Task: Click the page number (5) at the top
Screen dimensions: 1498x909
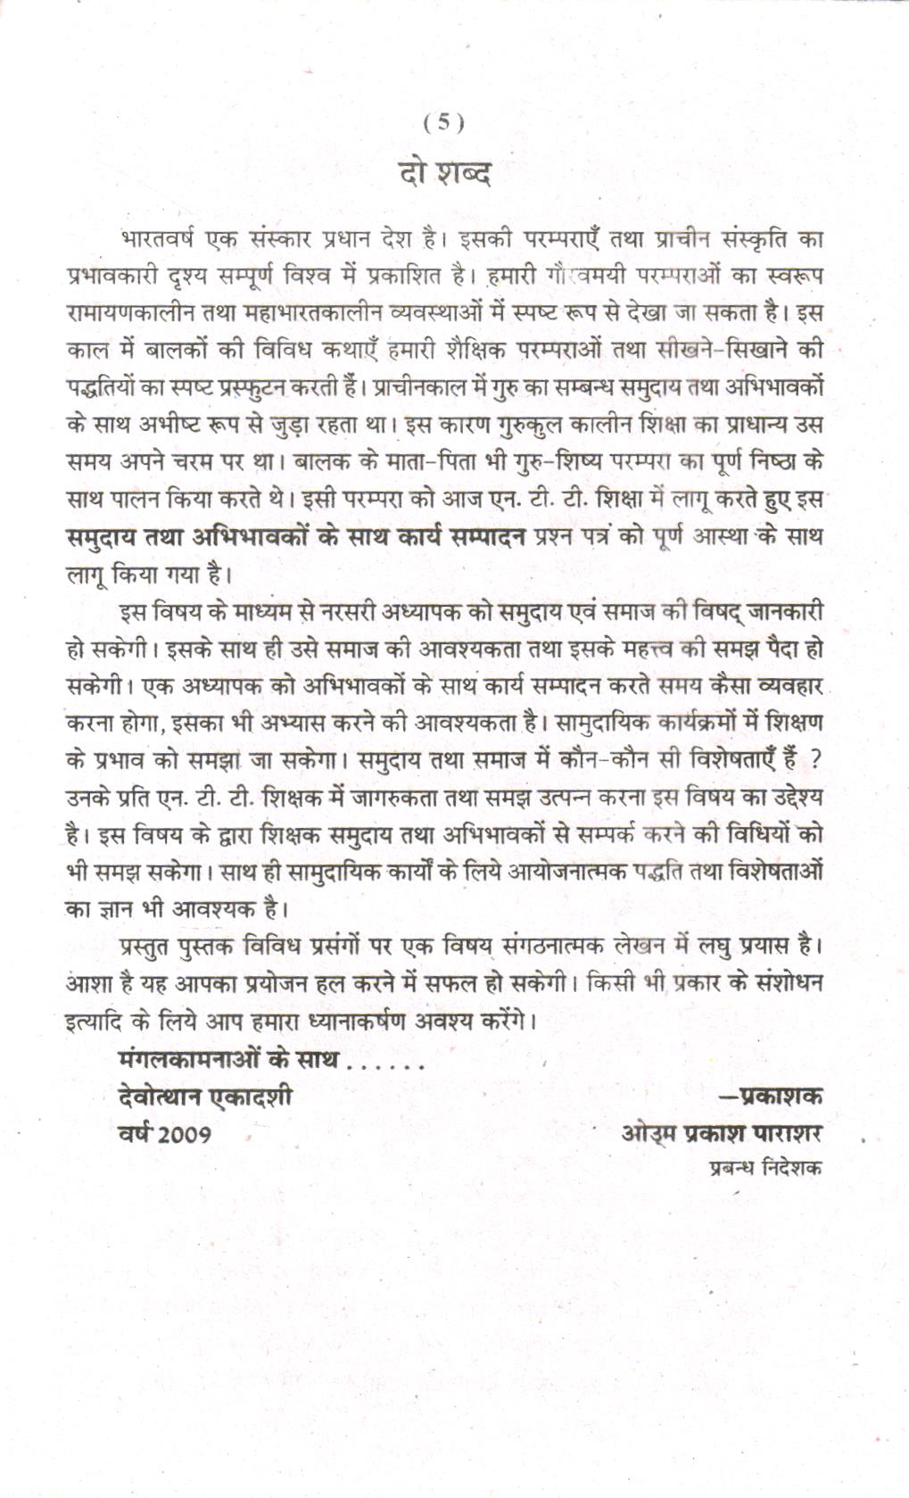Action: [x=443, y=123]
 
